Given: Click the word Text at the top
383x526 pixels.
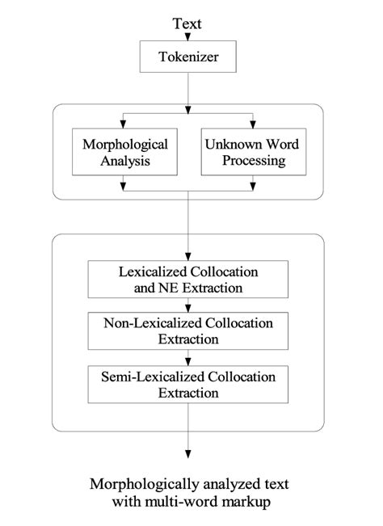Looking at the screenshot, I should click(187, 23).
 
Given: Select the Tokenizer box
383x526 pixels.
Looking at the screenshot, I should click(187, 57).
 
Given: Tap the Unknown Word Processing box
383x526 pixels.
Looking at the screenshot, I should click(253, 152).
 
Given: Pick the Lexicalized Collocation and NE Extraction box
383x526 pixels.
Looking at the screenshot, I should click(187, 278).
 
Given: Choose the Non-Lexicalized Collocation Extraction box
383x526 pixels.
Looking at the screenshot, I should click(187, 330).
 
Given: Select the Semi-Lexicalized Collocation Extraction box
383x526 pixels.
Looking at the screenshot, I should click(187, 384).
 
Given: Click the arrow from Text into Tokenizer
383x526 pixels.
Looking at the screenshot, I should click(187, 37).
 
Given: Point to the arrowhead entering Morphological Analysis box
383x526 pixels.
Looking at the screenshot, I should click(123, 124).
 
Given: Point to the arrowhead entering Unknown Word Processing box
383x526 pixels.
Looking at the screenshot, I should click(253, 124).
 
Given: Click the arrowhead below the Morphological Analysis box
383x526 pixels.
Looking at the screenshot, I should click(123, 187).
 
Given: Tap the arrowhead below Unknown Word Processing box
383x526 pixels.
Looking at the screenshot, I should click(253, 187).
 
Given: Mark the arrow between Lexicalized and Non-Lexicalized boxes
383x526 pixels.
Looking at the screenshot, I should click(187, 305).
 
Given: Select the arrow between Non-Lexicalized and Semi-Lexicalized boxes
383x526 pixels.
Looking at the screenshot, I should click(187, 358).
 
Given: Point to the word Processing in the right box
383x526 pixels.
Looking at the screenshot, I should click(254, 160).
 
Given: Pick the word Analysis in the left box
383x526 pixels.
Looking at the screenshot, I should click(124, 160).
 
